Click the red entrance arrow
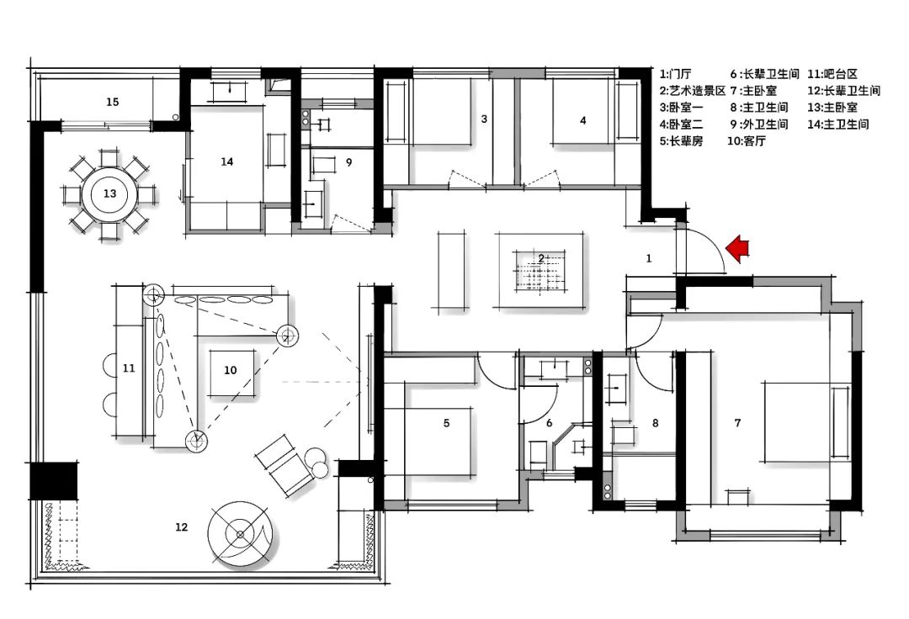coord(738,249)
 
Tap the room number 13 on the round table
coord(109,193)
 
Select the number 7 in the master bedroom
coord(737,423)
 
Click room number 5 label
coord(446,423)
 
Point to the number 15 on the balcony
coord(112,102)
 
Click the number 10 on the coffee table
coord(230,369)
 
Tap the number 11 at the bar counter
coord(128,368)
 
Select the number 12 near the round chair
coord(181,527)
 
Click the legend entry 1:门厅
coord(678,74)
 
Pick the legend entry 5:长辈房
coord(683,141)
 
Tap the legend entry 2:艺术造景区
coord(692,91)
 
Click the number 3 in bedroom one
coord(484,119)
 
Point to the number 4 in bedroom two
coord(582,119)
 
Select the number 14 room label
coord(226,161)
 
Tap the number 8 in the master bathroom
coord(655,423)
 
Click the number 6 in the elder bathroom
coord(549,423)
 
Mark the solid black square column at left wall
coord(53,481)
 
